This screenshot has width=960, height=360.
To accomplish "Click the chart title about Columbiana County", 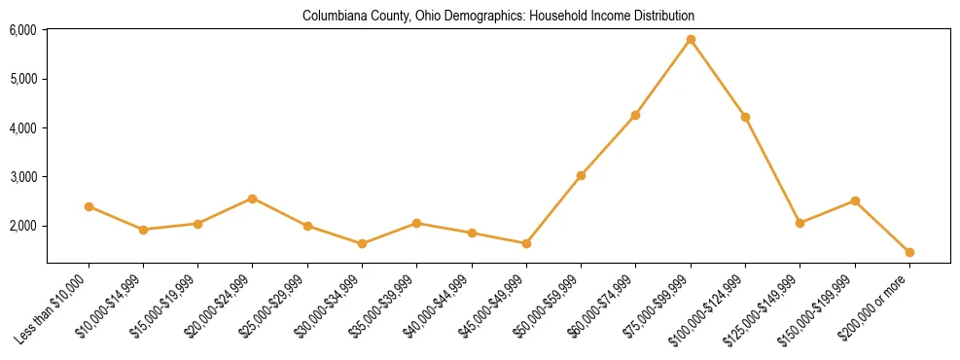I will tap(498, 17).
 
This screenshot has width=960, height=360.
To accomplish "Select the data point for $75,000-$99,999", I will tap(691, 40).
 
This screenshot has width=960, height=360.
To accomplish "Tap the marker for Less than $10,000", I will tap(89, 206).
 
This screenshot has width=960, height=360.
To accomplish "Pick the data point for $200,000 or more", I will tap(909, 252).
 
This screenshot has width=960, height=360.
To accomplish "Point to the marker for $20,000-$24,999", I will tap(253, 198).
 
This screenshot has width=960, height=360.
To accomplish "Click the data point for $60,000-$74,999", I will tap(635, 115).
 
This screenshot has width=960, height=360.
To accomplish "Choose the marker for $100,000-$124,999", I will tap(745, 117).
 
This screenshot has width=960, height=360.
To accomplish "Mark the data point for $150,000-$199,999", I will tap(855, 200).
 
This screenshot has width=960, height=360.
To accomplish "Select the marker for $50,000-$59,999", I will tap(581, 175).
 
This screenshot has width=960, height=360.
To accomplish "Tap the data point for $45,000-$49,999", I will tap(526, 243).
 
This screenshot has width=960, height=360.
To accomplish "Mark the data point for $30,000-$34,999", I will tap(362, 243).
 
